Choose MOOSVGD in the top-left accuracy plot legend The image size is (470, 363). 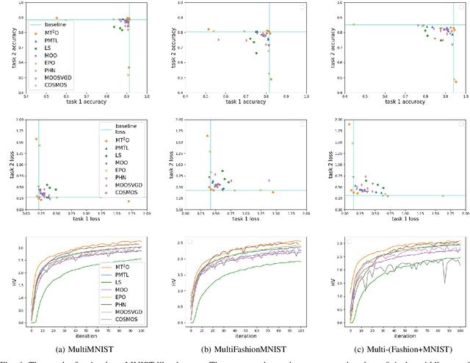[x=58, y=76]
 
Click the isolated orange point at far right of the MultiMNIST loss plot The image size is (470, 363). [x=129, y=201]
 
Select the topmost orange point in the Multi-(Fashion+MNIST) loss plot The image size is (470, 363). [x=348, y=124]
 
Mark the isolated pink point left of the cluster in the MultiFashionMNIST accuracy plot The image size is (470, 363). [x=217, y=39]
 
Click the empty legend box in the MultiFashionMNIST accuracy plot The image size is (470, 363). [x=301, y=7]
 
